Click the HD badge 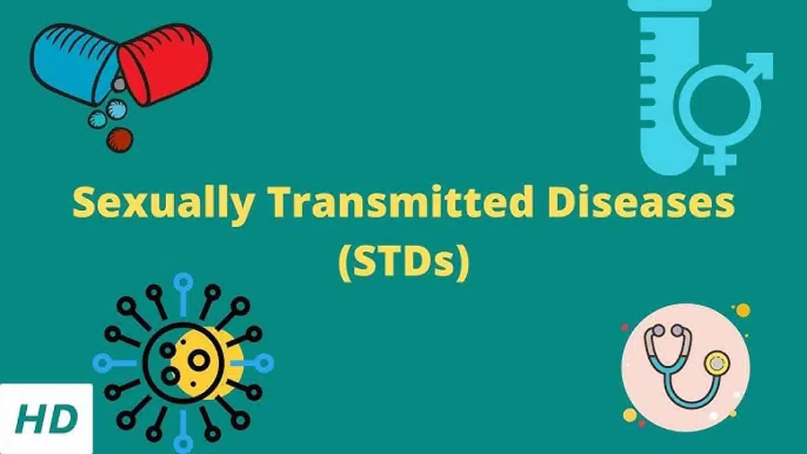click(x=46, y=419)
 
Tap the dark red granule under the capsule click(x=120, y=139)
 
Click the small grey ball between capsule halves click(x=119, y=84)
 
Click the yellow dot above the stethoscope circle click(x=742, y=310)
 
